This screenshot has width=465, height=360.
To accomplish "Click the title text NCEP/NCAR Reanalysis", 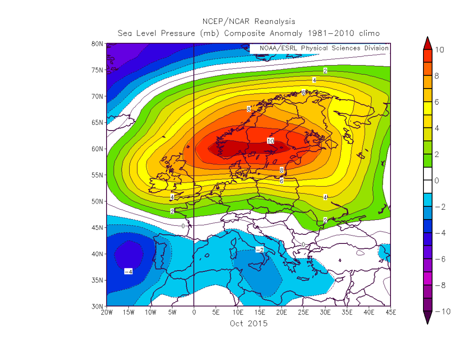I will point(248,21).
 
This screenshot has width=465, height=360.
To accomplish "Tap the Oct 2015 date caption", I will point(248,323).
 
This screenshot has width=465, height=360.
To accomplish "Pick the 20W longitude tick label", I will point(107,313).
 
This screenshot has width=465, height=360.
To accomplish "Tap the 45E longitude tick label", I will point(391,313).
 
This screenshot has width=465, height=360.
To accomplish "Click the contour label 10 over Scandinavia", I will point(270,141).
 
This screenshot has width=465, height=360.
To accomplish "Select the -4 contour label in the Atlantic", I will point(128,271).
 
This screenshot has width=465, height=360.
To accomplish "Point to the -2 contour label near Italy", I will point(260,250).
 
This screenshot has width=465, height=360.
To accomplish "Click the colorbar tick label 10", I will point(439,50).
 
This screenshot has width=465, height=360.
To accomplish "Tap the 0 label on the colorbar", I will point(437,181).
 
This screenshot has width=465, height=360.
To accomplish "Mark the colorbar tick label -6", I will point(439,259).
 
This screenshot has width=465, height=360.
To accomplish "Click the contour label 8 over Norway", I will point(249,109).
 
